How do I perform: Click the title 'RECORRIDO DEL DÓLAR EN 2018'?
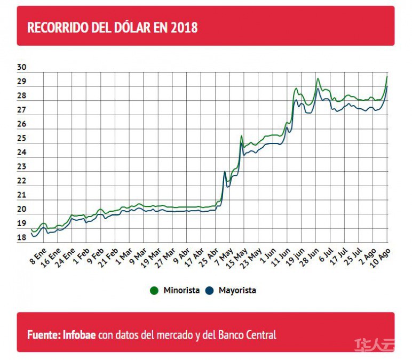click(x=112, y=27)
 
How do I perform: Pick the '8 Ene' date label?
click(x=37, y=255)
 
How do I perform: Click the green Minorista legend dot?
click(x=154, y=291)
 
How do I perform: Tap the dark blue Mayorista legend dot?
click(x=210, y=291)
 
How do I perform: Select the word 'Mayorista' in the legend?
click(x=237, y=291)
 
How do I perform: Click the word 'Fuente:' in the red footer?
click(x=43, y=335)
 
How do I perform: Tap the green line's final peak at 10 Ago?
click(x=387, y=76)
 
